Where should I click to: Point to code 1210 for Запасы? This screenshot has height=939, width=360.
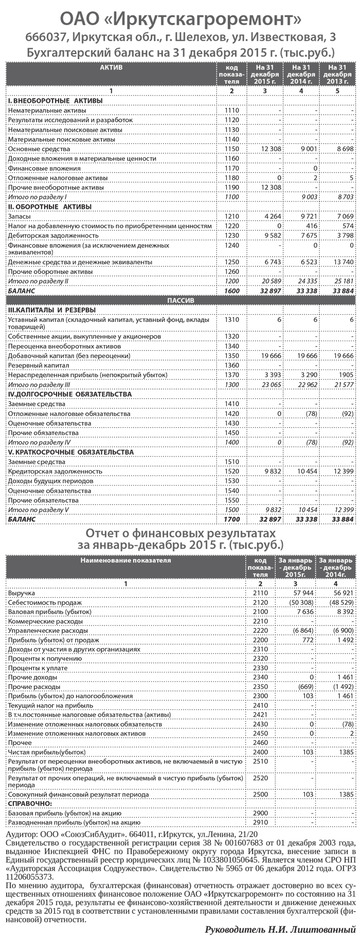tap(232, 217)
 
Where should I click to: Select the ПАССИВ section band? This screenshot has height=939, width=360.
tap(181, 300)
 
